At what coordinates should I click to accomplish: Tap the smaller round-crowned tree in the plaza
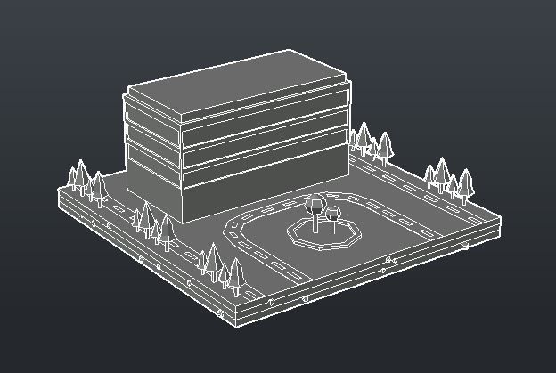coord(334,214)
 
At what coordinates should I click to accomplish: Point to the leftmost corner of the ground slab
coord(59,198)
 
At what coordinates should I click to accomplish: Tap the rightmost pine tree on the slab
coord(464,182)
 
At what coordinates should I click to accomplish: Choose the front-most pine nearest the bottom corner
coord(235,275)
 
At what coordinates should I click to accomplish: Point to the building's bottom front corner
coord(183,222)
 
